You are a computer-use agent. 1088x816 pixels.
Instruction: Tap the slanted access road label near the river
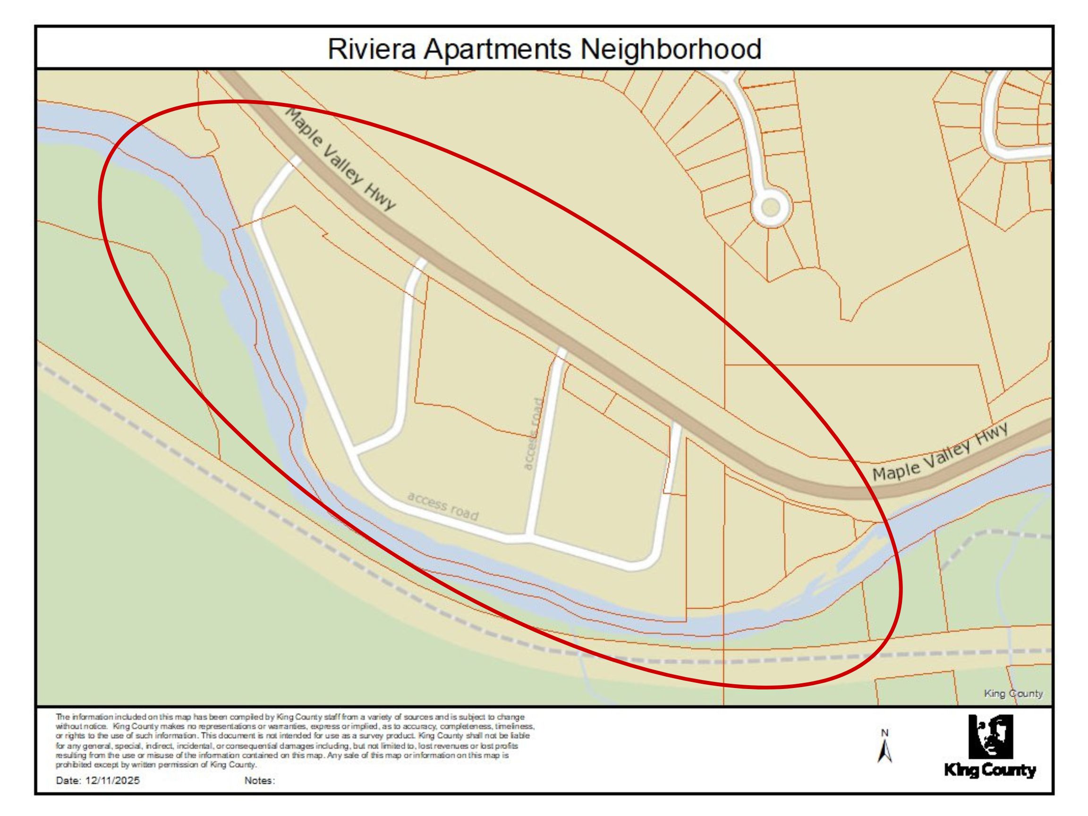pyautogui.click(x=442, y=506)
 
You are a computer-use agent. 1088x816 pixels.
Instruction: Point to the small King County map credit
pyautogui.click(x=1013, y=694)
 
